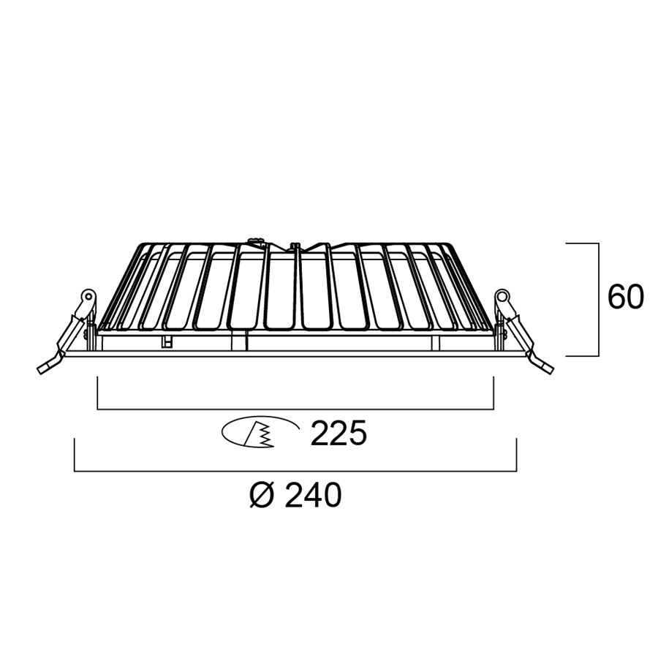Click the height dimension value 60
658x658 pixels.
point(625,297)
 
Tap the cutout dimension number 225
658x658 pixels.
point(339,433)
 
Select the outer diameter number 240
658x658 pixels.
point(312,495)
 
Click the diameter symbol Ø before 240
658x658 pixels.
point(262,495)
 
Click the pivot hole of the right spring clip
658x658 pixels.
point(501,295)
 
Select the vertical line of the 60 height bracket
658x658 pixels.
point(598,300)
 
